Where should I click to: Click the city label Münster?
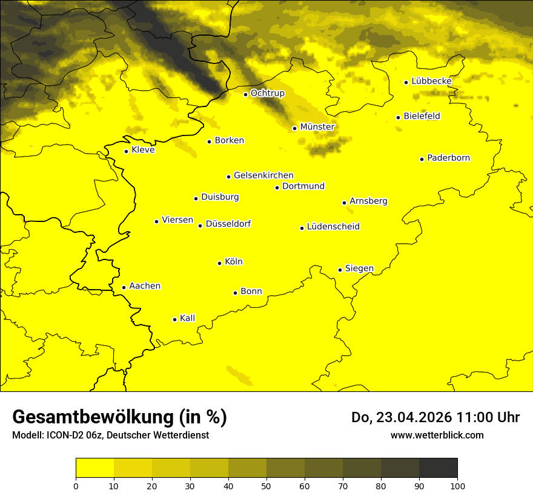(x=317, y=127)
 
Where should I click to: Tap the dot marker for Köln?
(x=220, y=263)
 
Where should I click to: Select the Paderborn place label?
(x=448, y=158)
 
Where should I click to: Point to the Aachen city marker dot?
(x=124, y=287)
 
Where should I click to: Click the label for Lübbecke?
(x=431, y=81)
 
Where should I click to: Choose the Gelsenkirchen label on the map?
(x=263, y=175)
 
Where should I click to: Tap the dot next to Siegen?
(x=340, y=270)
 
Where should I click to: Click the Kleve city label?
(x=143, y=150)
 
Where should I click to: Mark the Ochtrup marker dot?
(x=246, y=94)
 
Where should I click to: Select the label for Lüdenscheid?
(x=333, y=227)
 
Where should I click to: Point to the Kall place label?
(x=187, y=318)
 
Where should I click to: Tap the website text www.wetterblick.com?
(x=437, y=435)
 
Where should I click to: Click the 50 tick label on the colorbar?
(x=266, y=486)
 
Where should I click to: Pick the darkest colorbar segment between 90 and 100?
(x=438, y=468)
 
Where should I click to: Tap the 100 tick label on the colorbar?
(x=457, y=486)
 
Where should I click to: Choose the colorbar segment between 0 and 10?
(x=94, y=468)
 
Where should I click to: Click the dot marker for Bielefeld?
(x=399, y=117)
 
